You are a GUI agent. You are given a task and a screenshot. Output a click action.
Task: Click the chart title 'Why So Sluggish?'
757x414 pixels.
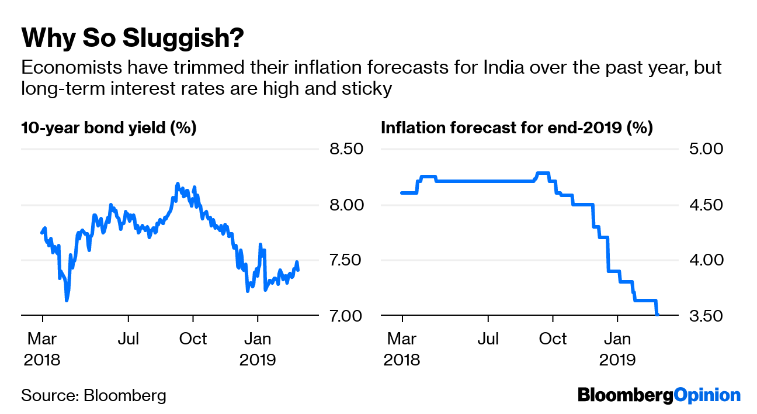tap(132, 38)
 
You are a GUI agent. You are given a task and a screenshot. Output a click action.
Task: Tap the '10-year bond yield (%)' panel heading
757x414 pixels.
tap(109, 127)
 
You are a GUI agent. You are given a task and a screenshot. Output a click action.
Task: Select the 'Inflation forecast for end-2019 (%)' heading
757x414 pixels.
tap(516, 127)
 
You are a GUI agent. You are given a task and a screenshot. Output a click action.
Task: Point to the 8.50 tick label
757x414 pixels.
tap(347, 149)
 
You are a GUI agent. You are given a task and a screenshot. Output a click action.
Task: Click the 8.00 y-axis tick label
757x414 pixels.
tap(347, 205)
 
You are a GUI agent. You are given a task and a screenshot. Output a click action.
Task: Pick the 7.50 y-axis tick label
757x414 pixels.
tap(347, 260)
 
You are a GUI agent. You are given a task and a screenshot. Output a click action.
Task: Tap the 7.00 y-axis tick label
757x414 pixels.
tap(347, 316)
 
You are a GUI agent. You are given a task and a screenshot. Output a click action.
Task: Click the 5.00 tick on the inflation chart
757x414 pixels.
tap(706, 149)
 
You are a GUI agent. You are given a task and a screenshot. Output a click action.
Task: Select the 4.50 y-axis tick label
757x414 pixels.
tap(706, 205)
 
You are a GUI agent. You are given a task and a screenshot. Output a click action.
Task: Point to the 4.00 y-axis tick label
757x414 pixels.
tap(706, 260)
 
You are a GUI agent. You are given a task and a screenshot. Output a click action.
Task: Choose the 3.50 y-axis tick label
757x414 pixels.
tap(706, 316)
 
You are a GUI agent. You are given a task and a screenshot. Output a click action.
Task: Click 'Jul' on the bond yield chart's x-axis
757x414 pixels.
tap(128, 339)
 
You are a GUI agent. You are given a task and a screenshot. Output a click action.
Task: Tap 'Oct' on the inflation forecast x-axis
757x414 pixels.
tap(553, 339)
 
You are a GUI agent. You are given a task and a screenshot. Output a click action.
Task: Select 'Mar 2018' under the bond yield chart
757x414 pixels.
tap(42, 349)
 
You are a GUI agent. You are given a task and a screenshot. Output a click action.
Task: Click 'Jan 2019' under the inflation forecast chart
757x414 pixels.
tap(617, 349)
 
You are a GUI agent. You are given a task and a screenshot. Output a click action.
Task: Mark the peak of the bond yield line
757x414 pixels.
tap(178, 184)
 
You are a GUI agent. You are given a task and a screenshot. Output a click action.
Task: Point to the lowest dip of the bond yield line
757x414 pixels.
tap(67, 301)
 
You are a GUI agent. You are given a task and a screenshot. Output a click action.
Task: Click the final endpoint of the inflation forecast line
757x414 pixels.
tap(658, 315)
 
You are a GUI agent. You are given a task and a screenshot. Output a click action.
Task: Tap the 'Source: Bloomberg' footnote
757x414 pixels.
tap(93, 395)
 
